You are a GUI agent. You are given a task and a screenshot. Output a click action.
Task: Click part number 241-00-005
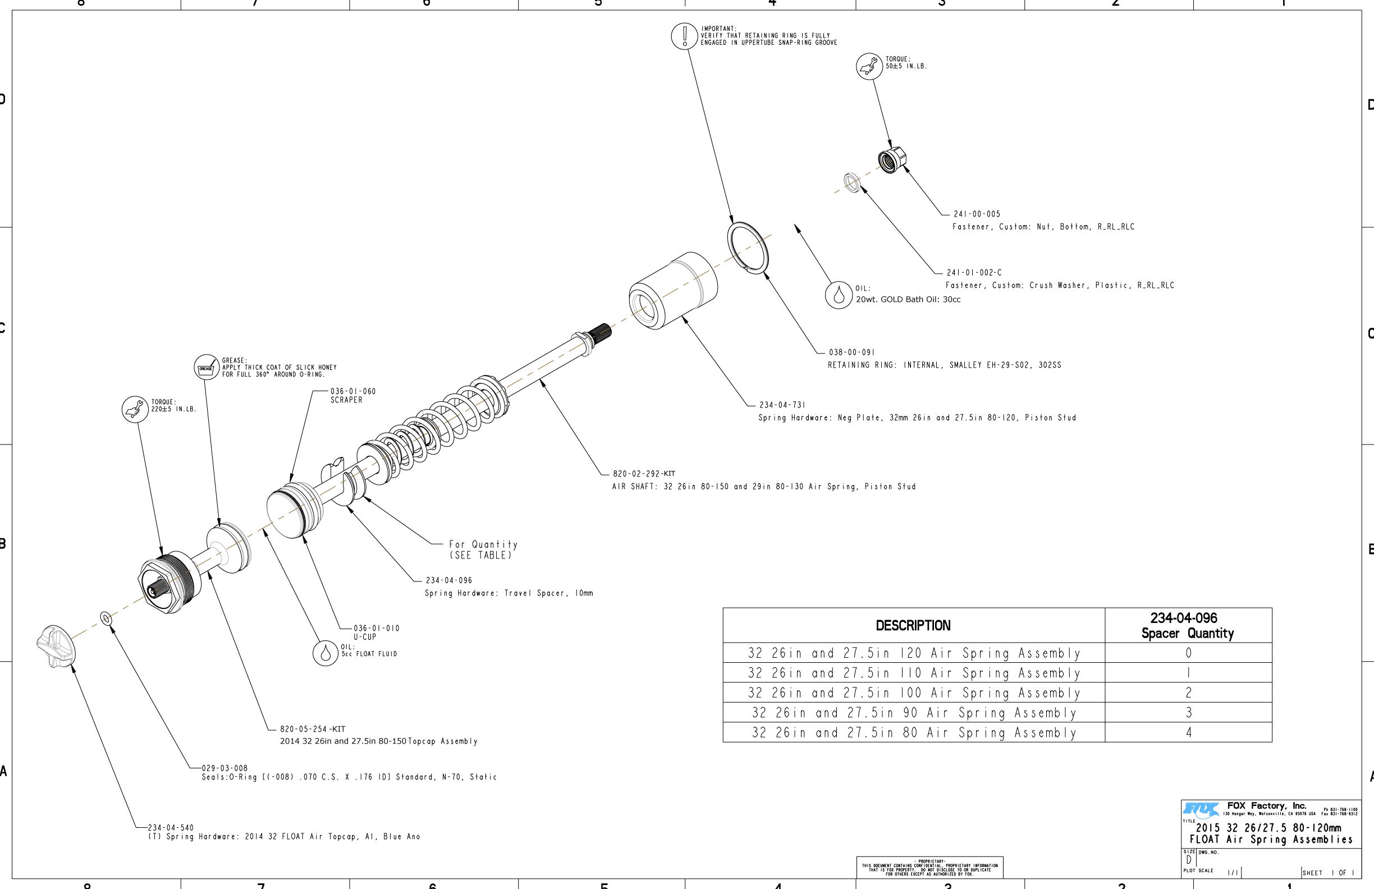pos(977,214)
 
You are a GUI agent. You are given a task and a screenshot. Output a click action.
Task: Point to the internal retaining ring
pos(748,247)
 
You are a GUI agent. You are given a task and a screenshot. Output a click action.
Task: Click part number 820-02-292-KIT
pos(644,474)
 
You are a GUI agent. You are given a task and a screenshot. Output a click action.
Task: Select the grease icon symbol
pos(206,367)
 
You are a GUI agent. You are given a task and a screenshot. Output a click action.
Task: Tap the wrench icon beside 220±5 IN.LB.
pos(135,409)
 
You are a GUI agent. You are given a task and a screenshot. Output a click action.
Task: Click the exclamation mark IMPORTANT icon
pos(685,36)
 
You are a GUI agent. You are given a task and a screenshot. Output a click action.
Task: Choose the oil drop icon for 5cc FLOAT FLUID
pos(326,653)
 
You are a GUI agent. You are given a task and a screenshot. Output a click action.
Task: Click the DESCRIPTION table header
pos(913,626)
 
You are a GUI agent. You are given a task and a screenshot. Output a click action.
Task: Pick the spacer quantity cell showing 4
pos(1188,732)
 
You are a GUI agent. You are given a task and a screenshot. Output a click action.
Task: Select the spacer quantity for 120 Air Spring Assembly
pos(1188,653)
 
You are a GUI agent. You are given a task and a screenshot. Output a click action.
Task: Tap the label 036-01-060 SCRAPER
pos(352,396)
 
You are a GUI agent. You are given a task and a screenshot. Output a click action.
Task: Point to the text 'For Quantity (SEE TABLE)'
pos(483,549)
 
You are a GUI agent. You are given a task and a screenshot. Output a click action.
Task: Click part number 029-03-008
pos(225,768)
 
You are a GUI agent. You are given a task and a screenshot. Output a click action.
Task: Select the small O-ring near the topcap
pos(106,619)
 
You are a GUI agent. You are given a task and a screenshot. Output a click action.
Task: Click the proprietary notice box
pos(929,867)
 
